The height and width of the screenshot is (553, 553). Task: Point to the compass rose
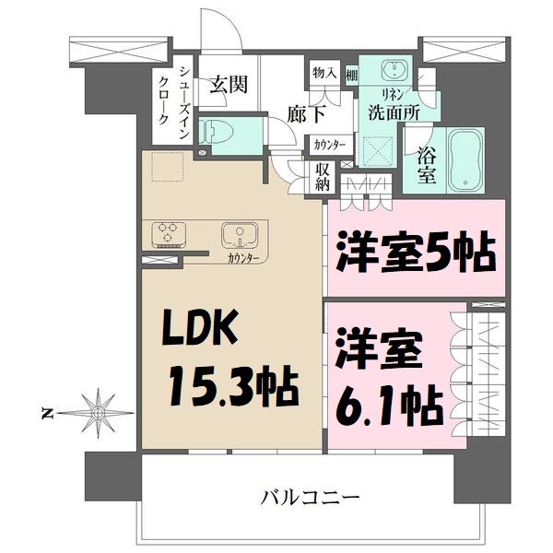96,410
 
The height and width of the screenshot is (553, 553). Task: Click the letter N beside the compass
48,411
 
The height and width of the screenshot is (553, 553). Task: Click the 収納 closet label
323,177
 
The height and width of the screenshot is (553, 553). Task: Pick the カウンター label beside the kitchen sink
243,259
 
